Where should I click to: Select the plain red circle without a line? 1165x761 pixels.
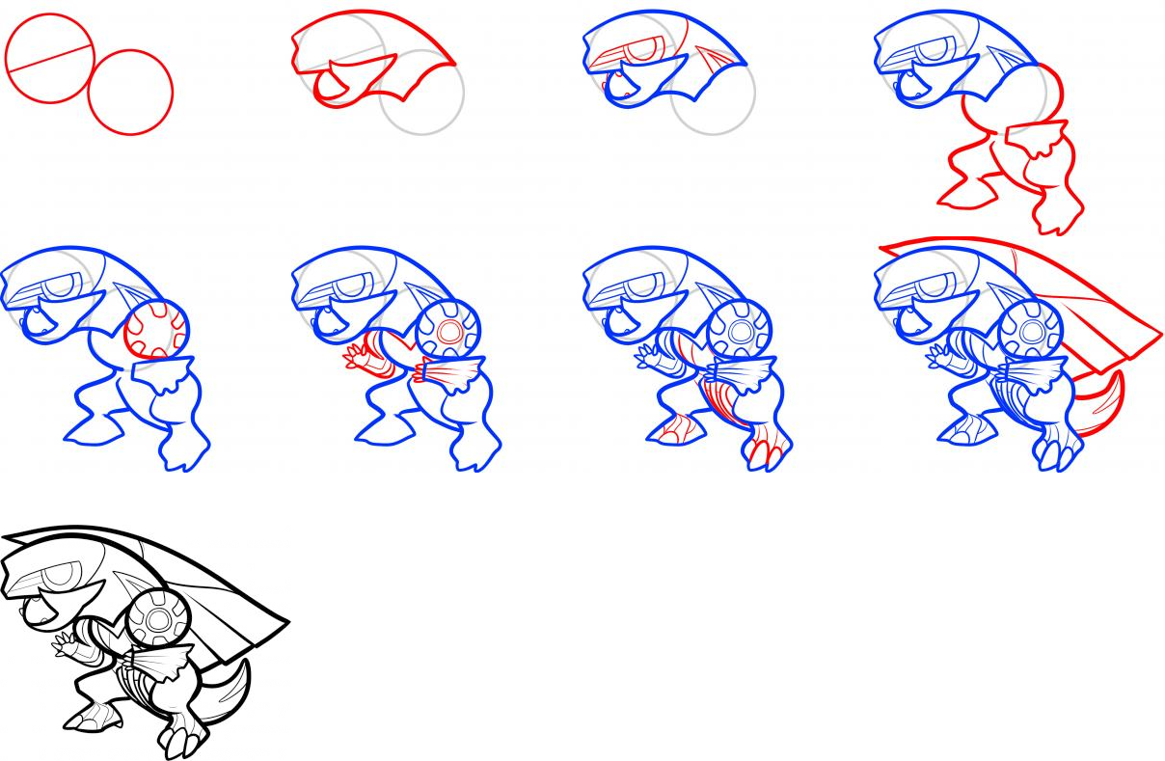coord(130,93)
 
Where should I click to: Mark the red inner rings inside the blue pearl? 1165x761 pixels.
coord(449,331)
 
